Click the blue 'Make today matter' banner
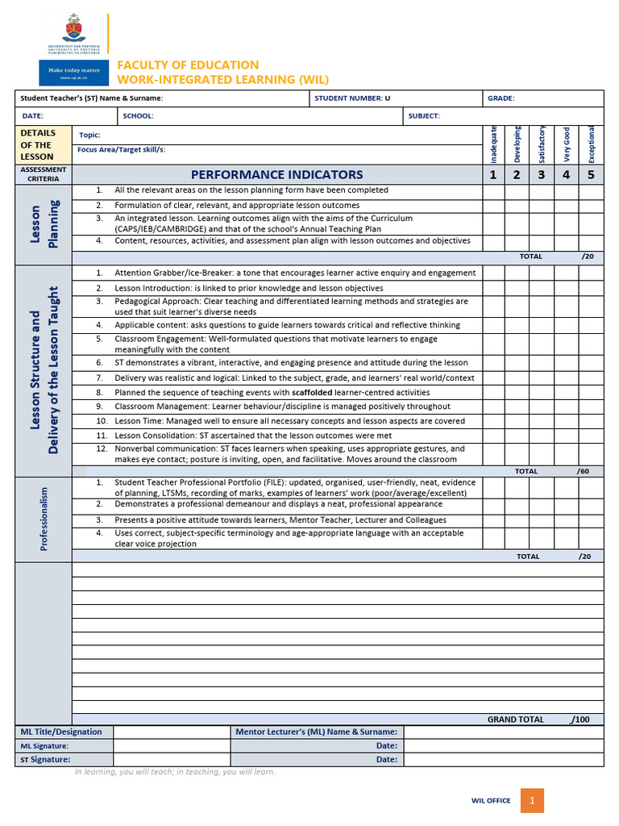[x=73, y=73]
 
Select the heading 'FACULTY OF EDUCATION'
[x=189, y=65]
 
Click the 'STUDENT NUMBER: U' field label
[x=352, y=98]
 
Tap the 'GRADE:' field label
[x=501, y=98]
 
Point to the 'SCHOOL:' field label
[x=138, y=116]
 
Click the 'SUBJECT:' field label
[x=424, y=116]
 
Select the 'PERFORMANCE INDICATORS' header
[x=276, y=174]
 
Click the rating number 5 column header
[x=591, y=174]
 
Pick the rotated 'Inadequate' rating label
[x=494, y=144]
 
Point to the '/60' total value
[x=583, y=470]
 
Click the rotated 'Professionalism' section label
[x=44, y=519]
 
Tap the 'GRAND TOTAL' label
[x=515, y=719]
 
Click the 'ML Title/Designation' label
[x=61, y=732]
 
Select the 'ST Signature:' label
[x=45, y=759]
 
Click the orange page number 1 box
[x=532, y=800]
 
